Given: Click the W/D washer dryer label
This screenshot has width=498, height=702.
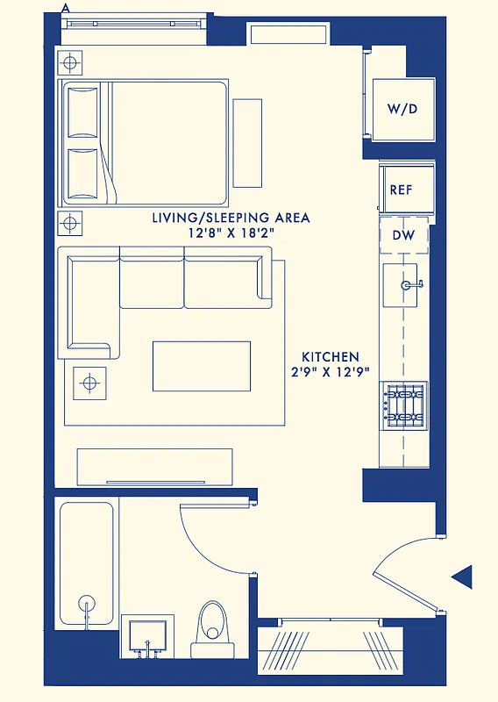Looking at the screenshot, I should tap(403, 109).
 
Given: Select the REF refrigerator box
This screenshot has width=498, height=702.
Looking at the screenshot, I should tap(402, 190).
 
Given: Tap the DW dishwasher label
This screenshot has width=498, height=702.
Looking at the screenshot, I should tap(403, 235).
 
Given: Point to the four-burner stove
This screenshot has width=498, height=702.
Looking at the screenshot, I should tap(404, 405).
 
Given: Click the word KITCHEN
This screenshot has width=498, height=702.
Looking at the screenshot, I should tap(331, 357).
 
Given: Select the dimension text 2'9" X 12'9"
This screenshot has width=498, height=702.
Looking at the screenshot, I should tap(331, 372).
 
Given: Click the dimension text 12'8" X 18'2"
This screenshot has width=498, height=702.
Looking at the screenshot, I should tap(231, 233).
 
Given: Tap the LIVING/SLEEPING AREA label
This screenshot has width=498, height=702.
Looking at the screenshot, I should tap(231, 218).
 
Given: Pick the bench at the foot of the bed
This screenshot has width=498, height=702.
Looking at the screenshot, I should tap(247, 142).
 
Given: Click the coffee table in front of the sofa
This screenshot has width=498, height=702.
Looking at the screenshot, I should tap(202, 366).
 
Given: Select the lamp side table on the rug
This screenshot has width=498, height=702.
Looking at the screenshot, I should tap(89, 383).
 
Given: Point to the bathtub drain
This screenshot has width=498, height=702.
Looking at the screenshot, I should tap(87, 604).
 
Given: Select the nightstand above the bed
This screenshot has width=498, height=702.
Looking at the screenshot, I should tap(71, 63).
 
